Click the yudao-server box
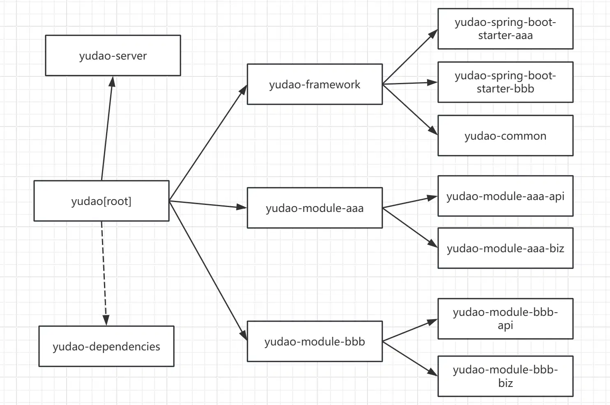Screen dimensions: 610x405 (113, 55)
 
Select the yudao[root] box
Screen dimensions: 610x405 (102, 201)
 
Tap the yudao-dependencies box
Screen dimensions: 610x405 (106, 346)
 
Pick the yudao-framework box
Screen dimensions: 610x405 (315, 84)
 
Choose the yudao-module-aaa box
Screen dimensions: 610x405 (315, 208)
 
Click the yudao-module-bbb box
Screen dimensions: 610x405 (315, 341)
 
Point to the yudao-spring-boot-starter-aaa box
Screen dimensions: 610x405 (506, 29)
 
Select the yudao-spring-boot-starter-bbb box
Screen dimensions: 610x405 (506, 82)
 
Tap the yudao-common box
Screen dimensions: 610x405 (506, 136)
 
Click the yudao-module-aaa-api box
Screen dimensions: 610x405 (506, 196)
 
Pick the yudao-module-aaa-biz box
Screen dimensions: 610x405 (506, 248)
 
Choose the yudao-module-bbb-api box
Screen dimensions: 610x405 (506, 319)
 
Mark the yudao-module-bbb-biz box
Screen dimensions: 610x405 (506, 376)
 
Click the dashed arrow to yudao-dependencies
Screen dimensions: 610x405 (104, 273)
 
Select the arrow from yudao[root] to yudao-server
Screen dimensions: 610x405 (107, 128)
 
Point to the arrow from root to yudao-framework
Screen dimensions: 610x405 (208, 143)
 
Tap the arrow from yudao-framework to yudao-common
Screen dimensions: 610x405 (410, 110)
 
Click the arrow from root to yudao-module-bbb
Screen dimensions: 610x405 (208, 271)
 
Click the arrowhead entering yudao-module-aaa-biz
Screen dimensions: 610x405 (433, 243)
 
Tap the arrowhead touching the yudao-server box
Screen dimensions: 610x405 (112, 81)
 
